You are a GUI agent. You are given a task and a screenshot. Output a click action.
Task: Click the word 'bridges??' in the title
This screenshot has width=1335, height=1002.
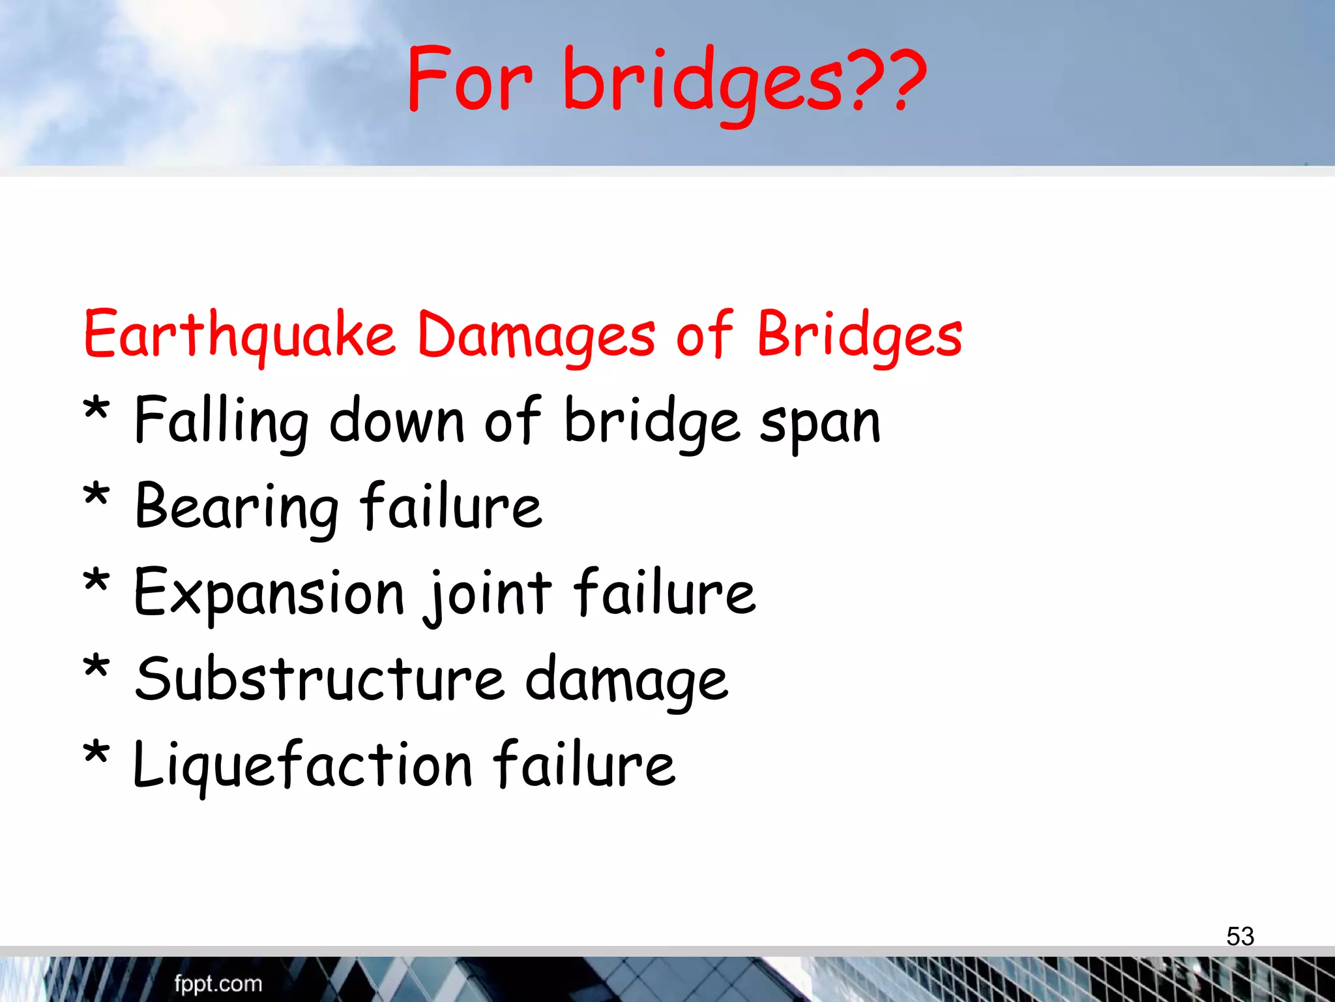click(x=743, y=82)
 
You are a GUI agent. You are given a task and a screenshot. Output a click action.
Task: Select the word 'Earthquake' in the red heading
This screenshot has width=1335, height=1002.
click(x=240, y=335)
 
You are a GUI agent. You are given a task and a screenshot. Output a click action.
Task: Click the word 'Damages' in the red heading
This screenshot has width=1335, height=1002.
click(x=536, y=335)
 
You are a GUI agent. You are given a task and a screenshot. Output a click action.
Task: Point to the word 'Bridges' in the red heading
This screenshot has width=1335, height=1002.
click(x=859, y=335)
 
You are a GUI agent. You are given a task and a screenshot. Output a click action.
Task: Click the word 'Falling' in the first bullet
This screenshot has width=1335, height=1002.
click(x=221, y=421)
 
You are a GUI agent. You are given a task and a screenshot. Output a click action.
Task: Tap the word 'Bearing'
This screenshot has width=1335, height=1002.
click(x=237, y=508)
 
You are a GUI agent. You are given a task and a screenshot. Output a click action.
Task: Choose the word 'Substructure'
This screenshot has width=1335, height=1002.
click(x=319, y=679)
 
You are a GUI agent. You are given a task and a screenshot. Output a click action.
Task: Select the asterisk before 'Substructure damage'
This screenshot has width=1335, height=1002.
click(x=96, y=668)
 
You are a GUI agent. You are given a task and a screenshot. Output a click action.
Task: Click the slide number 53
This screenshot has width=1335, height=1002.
click(x=1240, y=936)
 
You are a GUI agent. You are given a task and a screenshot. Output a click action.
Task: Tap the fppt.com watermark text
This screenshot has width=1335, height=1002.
click(x=218, y=983)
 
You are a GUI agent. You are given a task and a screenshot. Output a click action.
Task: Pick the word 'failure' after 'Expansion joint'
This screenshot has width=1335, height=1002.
click(x=665, y=592)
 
